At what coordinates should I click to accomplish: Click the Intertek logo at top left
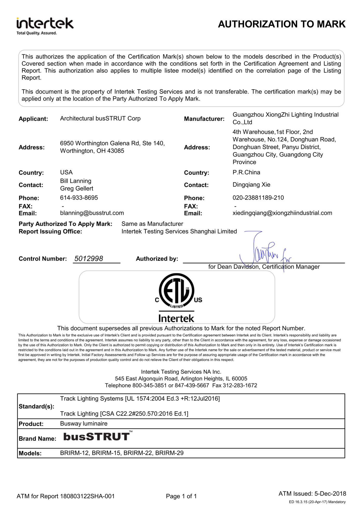pyautogui.click(x=45, y=26)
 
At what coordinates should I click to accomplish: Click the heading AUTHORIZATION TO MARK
pyautogui.click(x=282, y=24)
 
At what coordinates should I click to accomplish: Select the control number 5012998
pyautogui.click(x=89, y=259)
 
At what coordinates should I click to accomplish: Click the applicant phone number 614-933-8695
pyautogui.click(x=79, y=198)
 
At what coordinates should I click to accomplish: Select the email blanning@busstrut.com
pyautogui.click(x=92, y=213)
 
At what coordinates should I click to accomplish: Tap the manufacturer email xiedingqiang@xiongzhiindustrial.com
pyautogui.click(x=282, y=213)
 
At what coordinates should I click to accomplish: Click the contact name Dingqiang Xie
pyautogui.click(x=251, y=185)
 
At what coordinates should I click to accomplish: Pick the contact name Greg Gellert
pyautogui.click(x=77, y=189)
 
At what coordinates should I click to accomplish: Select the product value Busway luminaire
pyautogui.click(x=84, y=424)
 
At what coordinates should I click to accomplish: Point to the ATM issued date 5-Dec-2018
pyautogui.click(x=330, y=494)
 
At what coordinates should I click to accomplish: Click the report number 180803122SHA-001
pyautogui.click(x=87, y=496)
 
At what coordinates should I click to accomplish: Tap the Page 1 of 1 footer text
pyautogui.click(x=181, y=496)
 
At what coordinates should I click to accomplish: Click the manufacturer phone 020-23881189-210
pyautogui.click(x=258, y=198)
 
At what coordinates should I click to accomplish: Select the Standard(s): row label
pyautogui.click(x=36, y=407)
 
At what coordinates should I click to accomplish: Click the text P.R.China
pyautogui.click(x=246, y=173)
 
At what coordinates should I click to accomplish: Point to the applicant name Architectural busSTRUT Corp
pyautogui.click(x=100, y=119)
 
